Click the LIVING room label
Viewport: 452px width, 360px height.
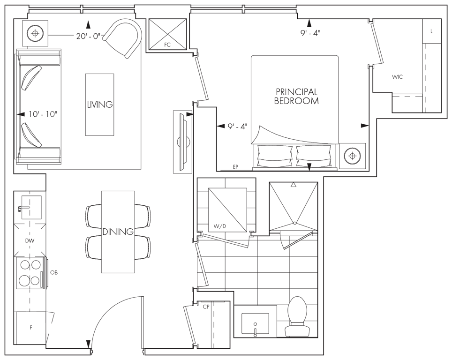click(100, 105)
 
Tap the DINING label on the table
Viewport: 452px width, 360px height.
click(118, 231)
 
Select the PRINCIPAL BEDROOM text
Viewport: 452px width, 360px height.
click(296, 96)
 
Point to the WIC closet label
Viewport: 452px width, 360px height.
click(397, 77)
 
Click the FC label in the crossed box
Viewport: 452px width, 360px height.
click(167, 45)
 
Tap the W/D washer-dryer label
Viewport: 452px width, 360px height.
click(219, 226)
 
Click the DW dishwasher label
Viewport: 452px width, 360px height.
click(30, 240)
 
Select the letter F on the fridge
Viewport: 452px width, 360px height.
click(31, 328)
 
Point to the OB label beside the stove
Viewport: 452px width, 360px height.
click(54, 272)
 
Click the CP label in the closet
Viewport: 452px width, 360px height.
click(206, 307)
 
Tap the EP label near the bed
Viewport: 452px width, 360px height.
click(235, 167)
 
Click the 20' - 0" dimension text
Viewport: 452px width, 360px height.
click(88, 36)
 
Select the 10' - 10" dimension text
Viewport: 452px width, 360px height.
click(43, 114)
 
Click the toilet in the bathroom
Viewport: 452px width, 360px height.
click(298, 316)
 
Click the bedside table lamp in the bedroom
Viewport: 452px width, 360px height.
click(352, 156)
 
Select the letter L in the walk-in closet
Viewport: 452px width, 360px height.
click(431, 31)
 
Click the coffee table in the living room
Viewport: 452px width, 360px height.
click(99, 105)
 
